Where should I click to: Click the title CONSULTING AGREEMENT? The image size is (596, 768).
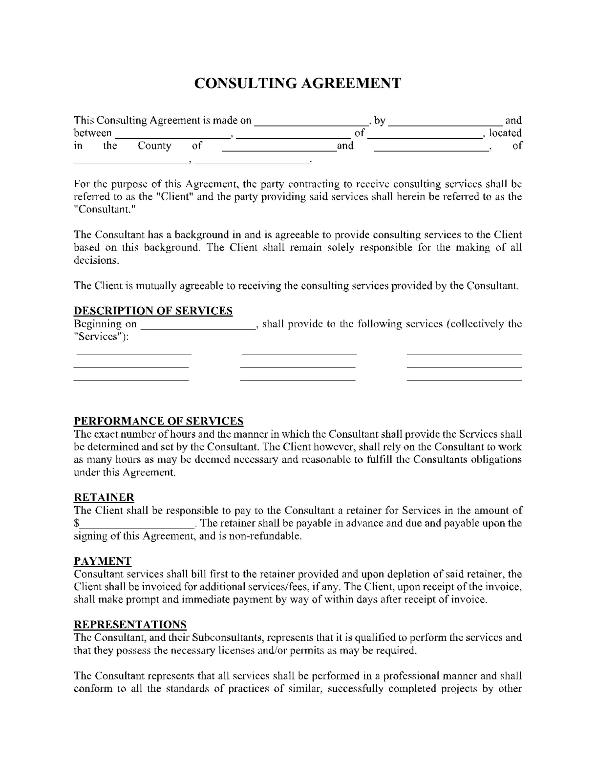click(298, 83)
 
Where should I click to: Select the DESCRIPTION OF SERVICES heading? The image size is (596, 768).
click(153, 311)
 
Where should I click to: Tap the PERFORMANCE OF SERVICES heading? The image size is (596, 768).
click(158, 421)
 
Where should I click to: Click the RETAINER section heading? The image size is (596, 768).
click(104, 497)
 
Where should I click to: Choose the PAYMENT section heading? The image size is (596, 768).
click(103, 561)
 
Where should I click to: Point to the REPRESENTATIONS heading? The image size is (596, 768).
click(130, 624)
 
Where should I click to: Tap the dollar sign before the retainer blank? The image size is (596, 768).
click(77, 523)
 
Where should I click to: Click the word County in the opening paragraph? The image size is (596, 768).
click(154, 146)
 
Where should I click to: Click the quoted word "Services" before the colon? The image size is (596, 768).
click(99, 337)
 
